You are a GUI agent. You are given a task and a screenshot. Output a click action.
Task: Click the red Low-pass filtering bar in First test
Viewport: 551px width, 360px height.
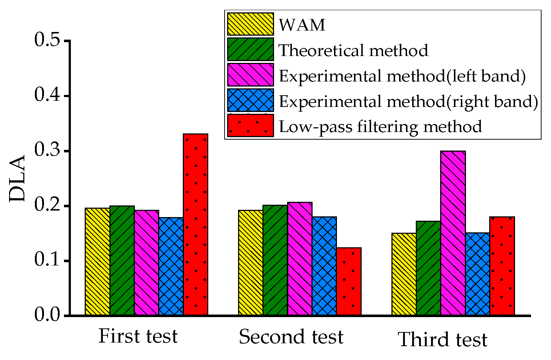(196, 224)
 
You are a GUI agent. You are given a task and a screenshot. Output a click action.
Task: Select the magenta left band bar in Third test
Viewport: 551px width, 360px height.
(453, 233)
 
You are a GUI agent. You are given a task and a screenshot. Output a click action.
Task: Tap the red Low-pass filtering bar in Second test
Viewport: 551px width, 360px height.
(349, 281)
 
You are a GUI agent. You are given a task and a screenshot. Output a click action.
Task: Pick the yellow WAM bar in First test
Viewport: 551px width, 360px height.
(97, 261)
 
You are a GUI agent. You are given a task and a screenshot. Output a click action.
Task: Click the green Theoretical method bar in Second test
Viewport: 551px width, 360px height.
(275, 260)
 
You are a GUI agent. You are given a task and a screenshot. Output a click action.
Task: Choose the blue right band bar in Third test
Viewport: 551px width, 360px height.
(478, 273)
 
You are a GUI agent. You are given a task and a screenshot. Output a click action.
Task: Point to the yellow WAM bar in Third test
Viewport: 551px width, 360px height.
(404, 273)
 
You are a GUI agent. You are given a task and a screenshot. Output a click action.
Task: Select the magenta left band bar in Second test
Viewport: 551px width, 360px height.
(300, 258)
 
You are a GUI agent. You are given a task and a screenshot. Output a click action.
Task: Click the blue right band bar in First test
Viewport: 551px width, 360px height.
(171, 266)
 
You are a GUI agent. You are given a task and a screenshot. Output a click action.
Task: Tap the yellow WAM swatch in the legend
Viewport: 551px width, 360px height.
(250, 24)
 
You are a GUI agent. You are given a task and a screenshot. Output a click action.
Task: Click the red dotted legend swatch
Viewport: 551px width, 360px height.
(250, 126)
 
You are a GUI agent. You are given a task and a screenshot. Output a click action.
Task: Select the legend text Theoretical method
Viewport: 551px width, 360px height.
(353, 50)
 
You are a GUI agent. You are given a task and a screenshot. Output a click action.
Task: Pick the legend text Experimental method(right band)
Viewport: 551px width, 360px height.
(408, 101)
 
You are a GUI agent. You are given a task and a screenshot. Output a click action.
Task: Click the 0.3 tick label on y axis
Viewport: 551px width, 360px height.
(48, 150)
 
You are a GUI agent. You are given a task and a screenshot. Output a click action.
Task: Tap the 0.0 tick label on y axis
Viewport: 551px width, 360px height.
(48, 315)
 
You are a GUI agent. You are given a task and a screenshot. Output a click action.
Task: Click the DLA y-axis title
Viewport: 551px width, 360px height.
(17, 178)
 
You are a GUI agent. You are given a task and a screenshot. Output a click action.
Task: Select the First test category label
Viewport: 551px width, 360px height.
(138, 336)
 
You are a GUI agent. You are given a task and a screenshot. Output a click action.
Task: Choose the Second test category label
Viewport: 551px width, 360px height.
(291, 337)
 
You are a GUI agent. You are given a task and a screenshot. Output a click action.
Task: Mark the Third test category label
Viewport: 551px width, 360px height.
(443, 340)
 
